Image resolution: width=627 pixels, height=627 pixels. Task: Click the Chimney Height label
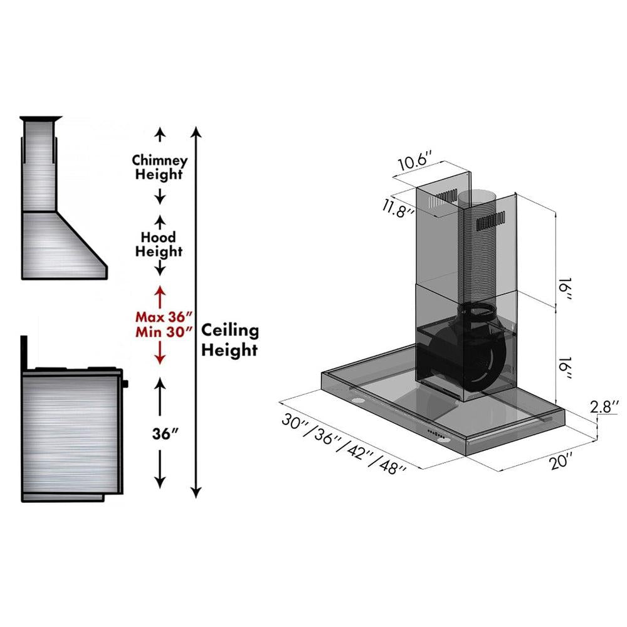click(160, 167)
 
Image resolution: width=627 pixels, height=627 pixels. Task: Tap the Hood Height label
click(160, 245)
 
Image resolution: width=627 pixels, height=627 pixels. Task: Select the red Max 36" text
click(162, 317)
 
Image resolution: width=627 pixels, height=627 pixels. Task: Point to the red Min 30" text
click(162, 332)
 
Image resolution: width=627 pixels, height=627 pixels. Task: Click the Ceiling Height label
click(229, 340)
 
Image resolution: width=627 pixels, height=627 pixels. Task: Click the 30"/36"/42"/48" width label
click(344, 445)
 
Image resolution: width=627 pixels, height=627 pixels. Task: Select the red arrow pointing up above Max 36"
click(160, 295)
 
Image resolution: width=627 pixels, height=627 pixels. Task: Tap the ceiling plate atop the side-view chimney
click(41, 119)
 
